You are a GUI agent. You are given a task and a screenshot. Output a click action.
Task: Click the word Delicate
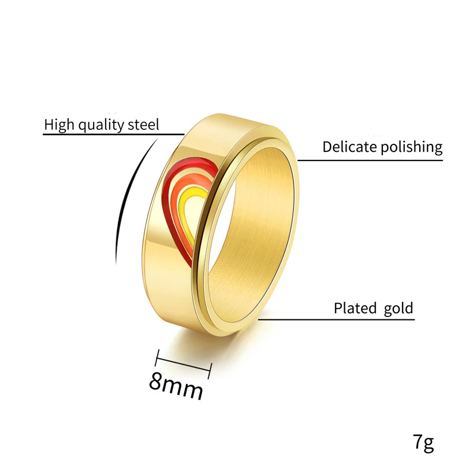[349, 147]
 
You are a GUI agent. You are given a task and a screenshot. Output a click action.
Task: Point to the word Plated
[355, 308]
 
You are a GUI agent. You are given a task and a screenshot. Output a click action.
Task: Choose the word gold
[398, 308]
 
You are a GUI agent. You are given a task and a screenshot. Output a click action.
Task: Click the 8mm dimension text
[177, 388]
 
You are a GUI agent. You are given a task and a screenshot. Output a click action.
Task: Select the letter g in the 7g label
[427, 445]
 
